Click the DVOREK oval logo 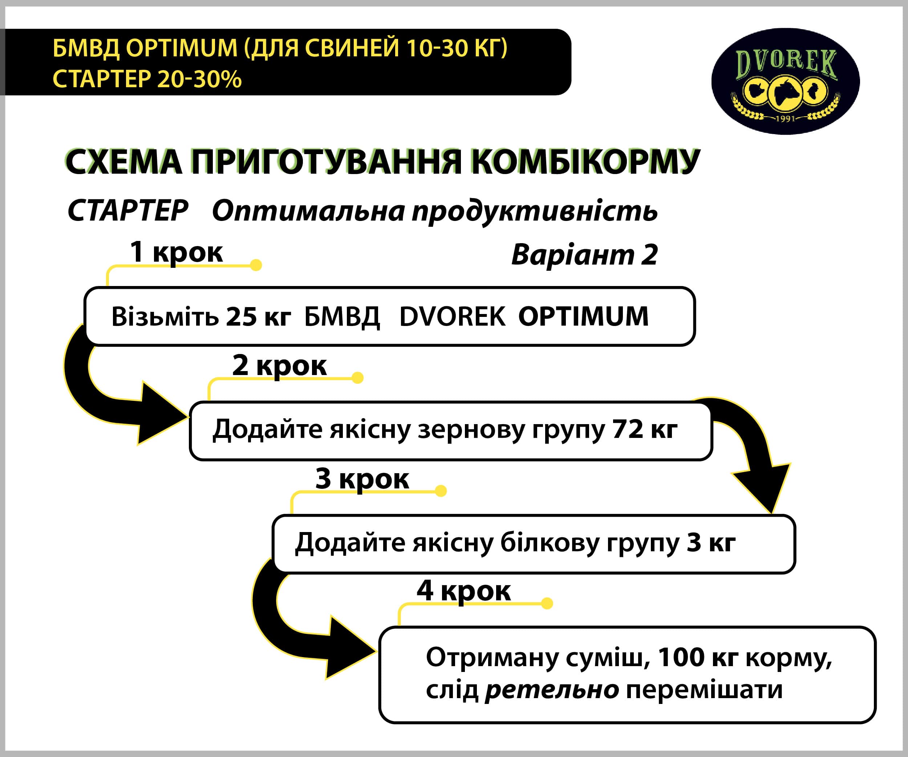coord(785,81)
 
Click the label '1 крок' coord(177,252)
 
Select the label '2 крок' coord(279,366)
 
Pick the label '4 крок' coord(464,591)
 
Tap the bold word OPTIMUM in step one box coord(583,316)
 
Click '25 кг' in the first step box coord(259,317)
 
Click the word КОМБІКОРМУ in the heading coord(585,162)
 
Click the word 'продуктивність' coord(535,212)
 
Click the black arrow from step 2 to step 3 coord(752,441)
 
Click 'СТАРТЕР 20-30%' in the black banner coord(147,80)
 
